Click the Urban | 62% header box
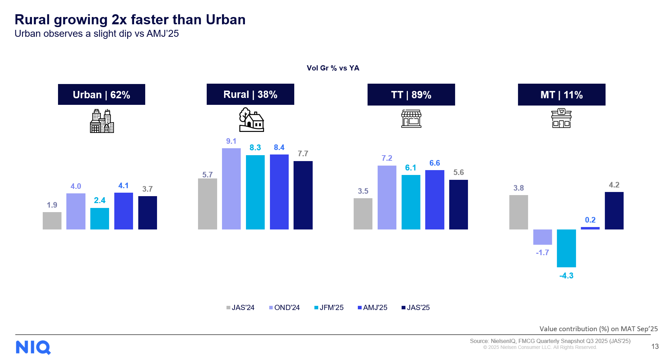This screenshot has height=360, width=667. (101, 94)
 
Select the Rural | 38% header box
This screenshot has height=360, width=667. (250, 94)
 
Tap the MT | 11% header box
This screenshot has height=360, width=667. (561, 95)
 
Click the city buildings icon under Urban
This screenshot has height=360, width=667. (102, 121)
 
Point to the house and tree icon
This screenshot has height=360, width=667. (252, 120)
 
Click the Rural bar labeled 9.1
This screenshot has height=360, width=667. (231, 189)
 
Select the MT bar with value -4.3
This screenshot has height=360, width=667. (566, 248)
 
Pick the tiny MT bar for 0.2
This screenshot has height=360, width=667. (590, 228)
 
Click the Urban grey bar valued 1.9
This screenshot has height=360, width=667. (52, 220)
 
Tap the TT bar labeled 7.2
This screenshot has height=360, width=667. (387, 197)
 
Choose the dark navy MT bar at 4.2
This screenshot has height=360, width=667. (614, 210)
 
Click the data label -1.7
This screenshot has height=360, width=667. (542, 252)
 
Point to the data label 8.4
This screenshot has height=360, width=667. (279, 147)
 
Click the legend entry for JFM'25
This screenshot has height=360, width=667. (329, 308)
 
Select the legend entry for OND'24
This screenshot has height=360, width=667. (284, 308)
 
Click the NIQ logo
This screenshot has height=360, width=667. (33, 347)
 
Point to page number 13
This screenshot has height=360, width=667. (655, 346)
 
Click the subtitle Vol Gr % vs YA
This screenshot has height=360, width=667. (333, 68)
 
